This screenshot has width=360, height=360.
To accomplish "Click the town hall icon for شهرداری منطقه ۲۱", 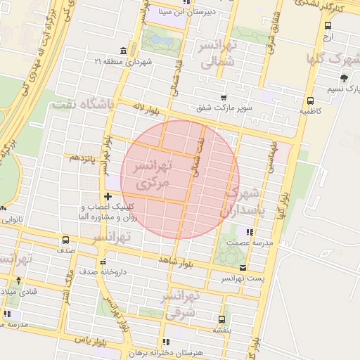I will coord(124,51).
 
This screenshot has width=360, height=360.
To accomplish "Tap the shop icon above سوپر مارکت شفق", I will coord(224,98).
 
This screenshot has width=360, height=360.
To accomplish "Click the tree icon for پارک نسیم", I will coord(344,78).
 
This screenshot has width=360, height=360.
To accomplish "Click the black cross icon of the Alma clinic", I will coord(108,196).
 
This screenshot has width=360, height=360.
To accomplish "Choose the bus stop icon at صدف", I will coord(65,239).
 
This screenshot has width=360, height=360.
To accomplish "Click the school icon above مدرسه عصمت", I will coord(247,231).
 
